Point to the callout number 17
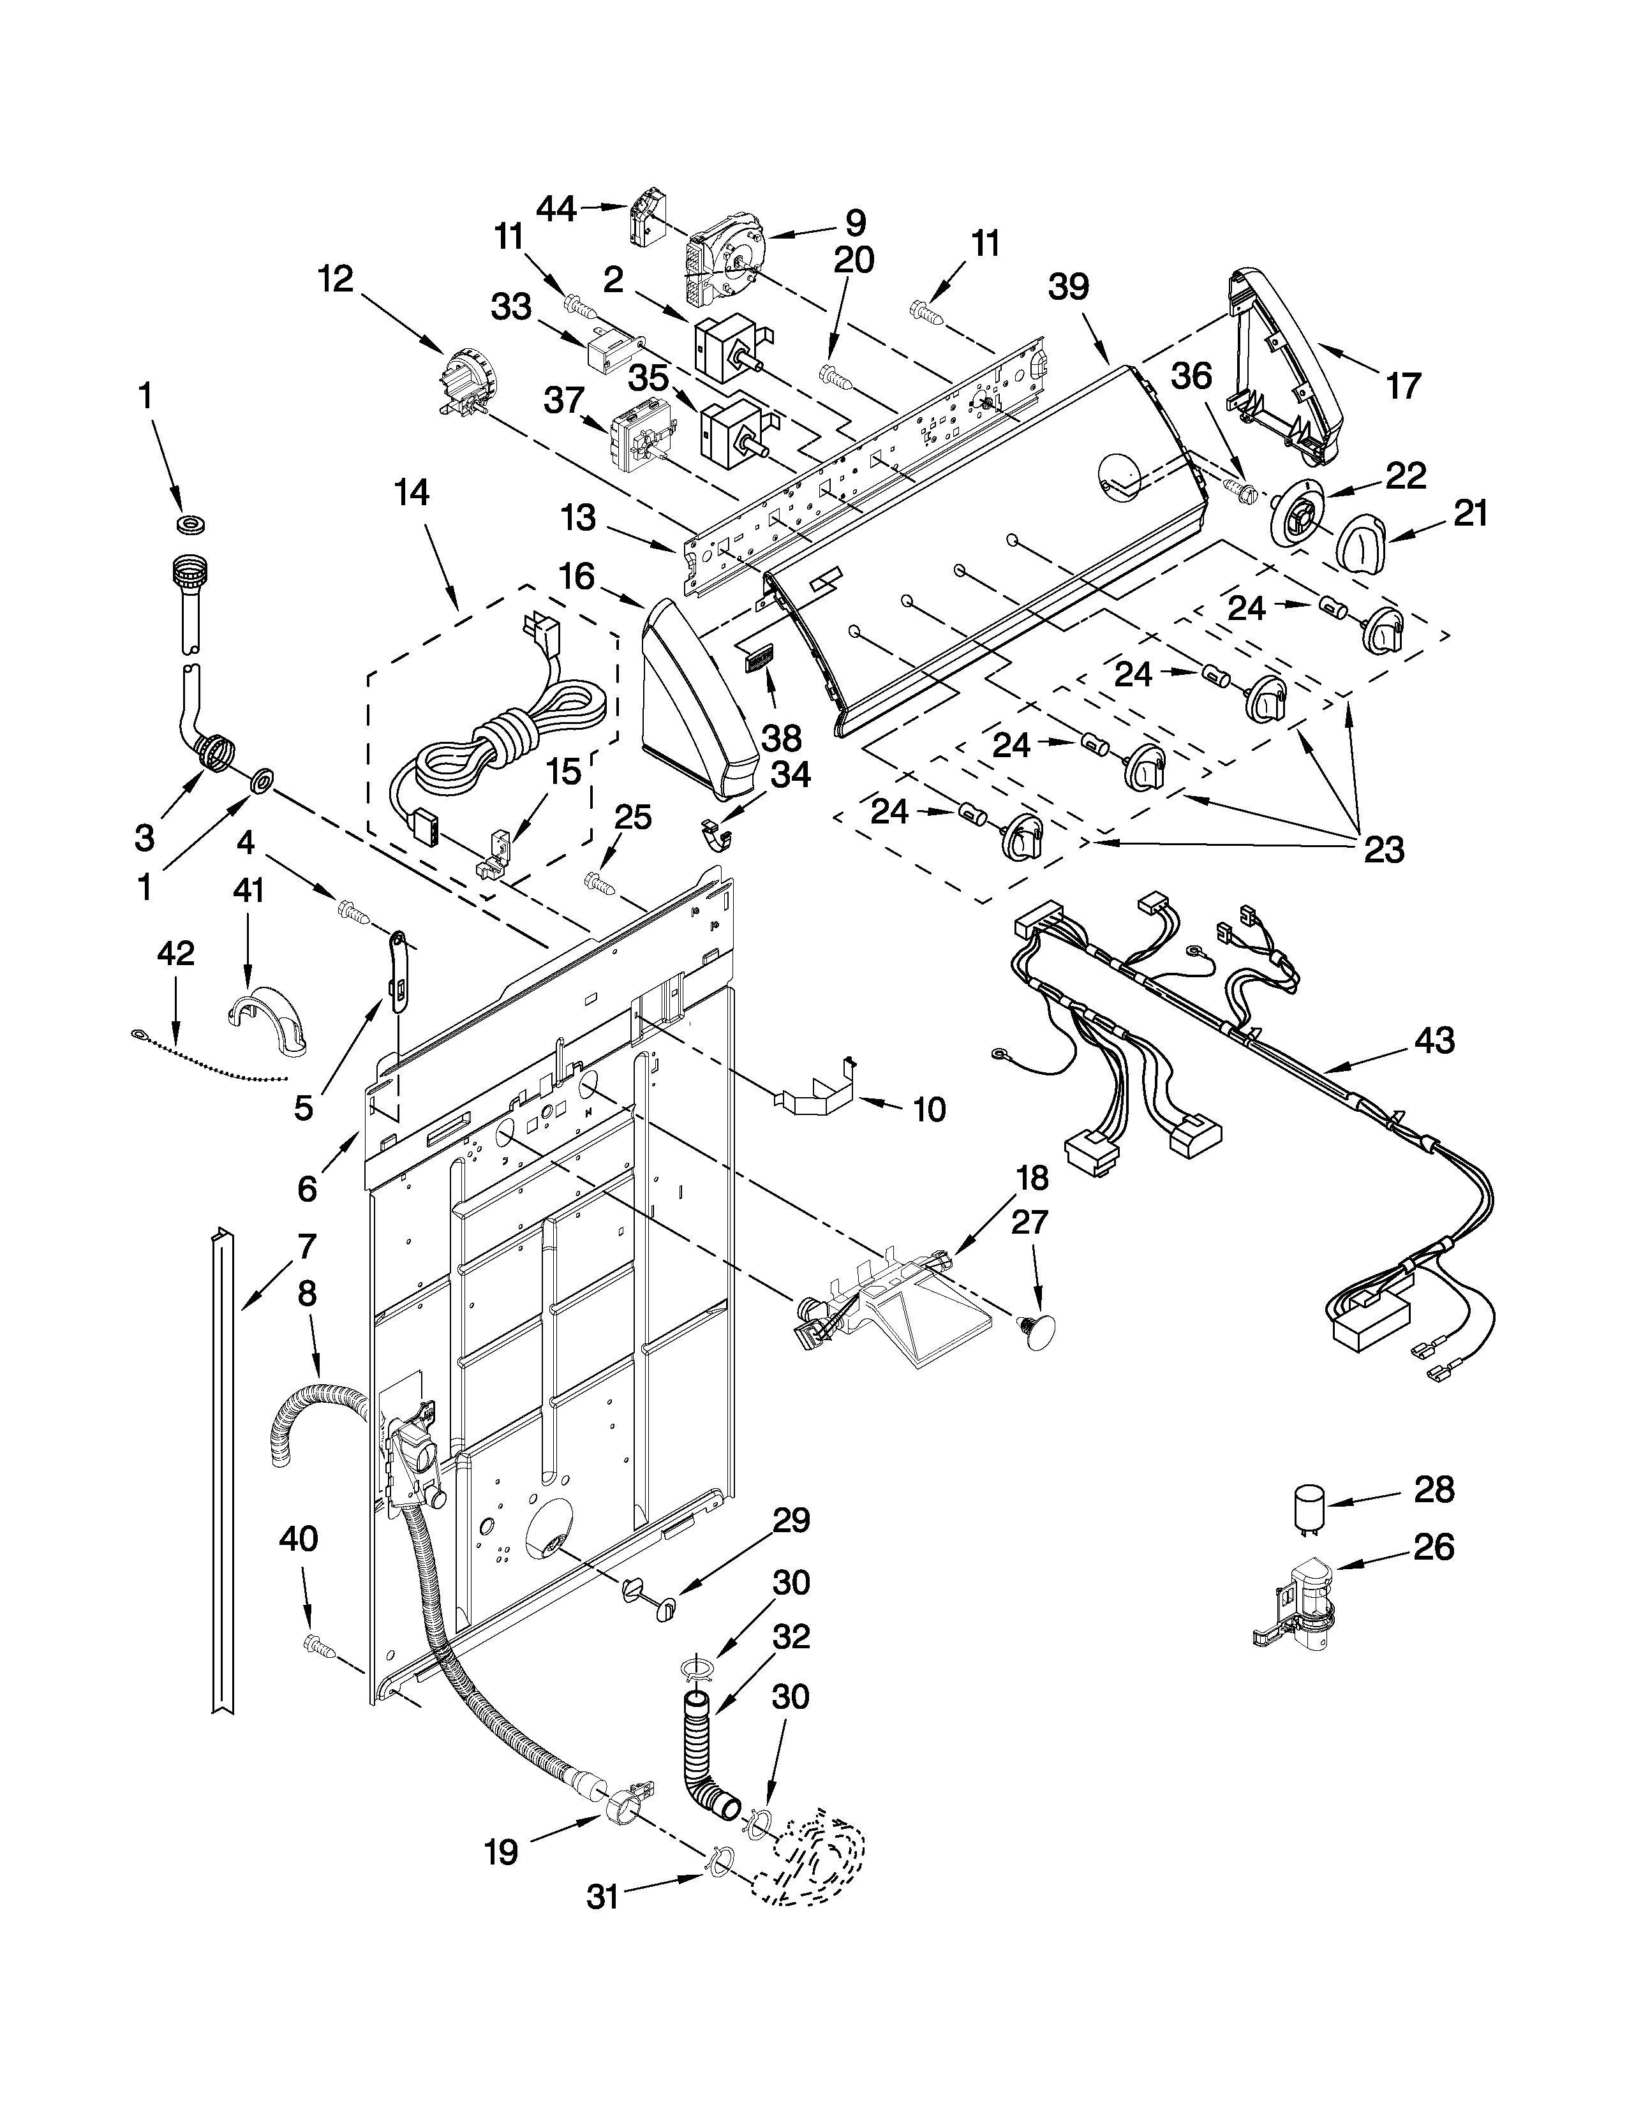[x=1402, y=385]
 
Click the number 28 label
[x=1433, y=1490]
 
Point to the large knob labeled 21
[x=1360, y=547]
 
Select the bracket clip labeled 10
[x=815, y=1091]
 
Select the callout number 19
[x=502, y=1852]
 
